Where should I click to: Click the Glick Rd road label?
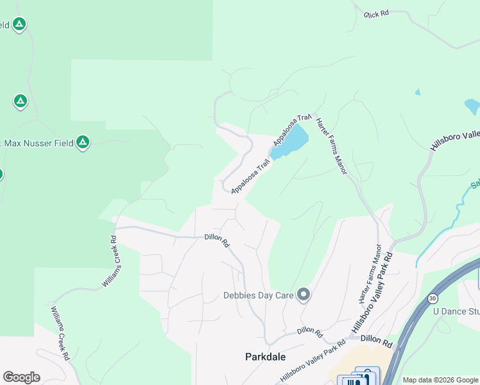coord(377,13)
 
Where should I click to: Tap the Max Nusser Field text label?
coord(39,142)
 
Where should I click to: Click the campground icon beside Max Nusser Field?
coord(82,142)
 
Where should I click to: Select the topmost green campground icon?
coord(19,25)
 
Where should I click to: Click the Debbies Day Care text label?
coord(257,296)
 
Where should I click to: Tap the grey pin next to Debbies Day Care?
coord(304,295)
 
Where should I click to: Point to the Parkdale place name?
coord(265,357)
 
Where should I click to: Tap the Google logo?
coord(21,377)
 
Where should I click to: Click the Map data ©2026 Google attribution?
coord(441,380)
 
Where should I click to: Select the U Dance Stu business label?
coord(456,312)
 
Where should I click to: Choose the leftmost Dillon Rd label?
coord(217,241)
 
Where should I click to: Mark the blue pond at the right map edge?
coord(472,106)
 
